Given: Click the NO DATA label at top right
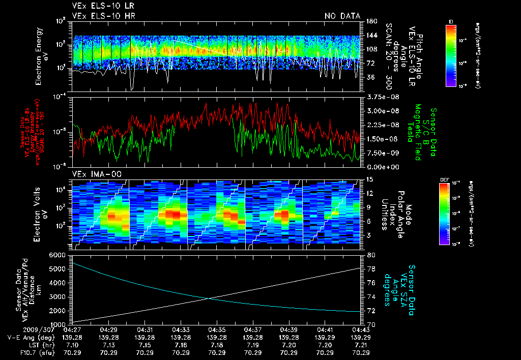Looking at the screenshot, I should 342,16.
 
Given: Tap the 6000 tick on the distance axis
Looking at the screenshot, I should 60,254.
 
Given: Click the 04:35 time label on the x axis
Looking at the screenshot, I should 217,330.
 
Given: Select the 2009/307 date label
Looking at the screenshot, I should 20,330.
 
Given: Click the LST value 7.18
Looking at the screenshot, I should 217,345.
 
